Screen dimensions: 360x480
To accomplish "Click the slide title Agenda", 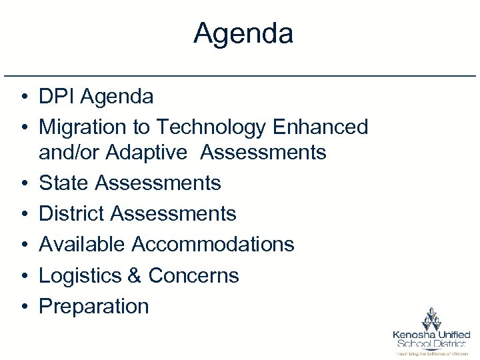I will pos(243,33).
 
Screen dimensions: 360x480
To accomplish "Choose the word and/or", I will pos(67,153).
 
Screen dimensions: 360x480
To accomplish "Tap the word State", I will pos(64,183).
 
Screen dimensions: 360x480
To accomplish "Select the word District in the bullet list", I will pos(72,213).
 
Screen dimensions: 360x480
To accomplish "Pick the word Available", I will pos(82,244).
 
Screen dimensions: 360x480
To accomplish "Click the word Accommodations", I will pos(213,244).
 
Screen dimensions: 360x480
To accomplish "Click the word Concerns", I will pos(193,275).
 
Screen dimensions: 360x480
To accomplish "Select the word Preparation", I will pos(94,306).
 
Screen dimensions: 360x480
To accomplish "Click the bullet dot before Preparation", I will pos(23,307).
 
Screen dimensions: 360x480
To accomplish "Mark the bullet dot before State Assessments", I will pos(23,183).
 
